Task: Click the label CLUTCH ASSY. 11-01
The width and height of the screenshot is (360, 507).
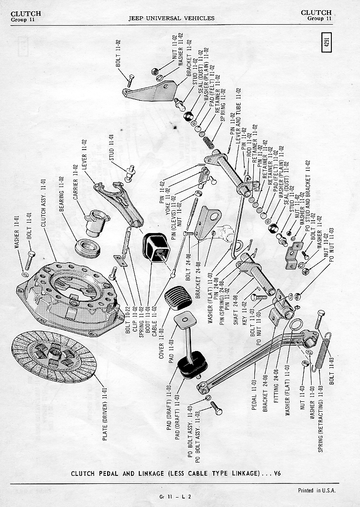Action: (43, 202)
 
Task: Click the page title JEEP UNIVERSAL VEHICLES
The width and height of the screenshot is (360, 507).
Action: (171, 18)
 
